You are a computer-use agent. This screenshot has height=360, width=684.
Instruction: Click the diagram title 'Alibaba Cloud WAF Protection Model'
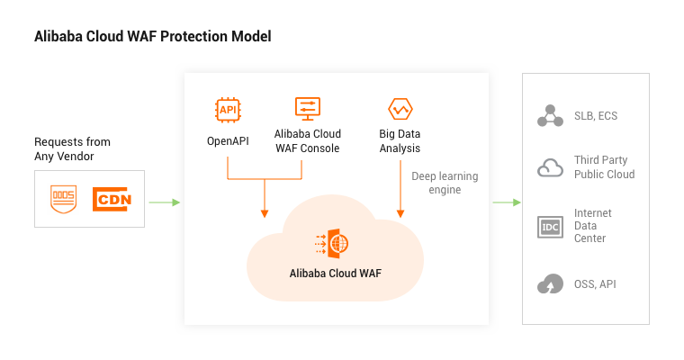[152, 37]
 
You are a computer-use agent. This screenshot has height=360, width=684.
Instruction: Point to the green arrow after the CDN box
[164, 202]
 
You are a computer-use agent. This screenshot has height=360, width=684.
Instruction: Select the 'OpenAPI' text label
[228, 141]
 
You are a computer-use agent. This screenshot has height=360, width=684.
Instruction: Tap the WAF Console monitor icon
[307, 109]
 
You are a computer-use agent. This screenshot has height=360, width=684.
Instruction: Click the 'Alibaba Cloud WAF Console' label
[307, 141]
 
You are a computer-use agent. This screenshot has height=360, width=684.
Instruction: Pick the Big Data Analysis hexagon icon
[400, 109]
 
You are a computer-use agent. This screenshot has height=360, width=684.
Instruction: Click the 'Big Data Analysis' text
[400, 141]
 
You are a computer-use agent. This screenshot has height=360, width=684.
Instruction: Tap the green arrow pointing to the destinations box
[506, 202]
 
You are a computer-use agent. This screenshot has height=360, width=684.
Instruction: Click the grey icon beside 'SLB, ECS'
[549, 116]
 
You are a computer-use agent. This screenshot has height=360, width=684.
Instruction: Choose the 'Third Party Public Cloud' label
[604, 167]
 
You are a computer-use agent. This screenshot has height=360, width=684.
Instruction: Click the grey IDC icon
[549, 227]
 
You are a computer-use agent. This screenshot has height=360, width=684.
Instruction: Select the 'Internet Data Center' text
[593, 226]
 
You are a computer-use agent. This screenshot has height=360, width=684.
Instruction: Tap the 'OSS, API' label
[595, 284]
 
